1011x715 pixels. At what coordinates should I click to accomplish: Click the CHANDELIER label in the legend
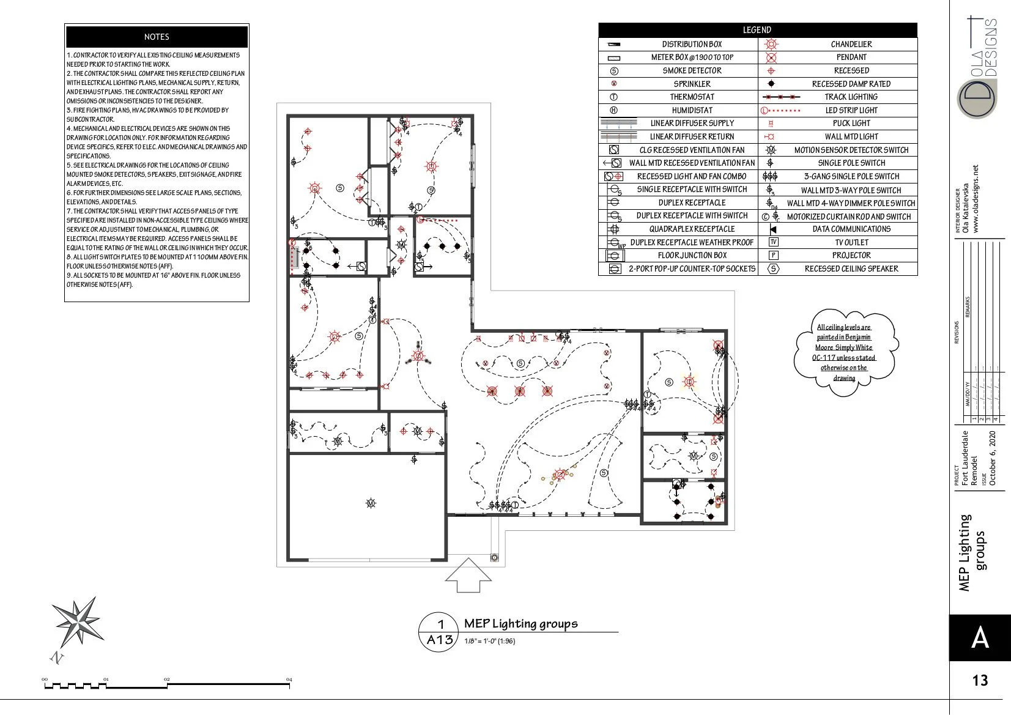[851, 44]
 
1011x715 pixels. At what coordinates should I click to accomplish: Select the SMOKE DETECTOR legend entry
[692, 70]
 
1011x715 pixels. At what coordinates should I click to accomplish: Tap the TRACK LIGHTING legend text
[851, 97]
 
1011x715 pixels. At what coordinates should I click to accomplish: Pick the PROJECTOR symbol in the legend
[773, 255]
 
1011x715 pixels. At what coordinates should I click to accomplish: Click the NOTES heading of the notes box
[157, 37]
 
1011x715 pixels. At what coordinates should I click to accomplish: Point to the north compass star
[78, 622]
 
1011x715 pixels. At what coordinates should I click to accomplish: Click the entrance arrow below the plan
[468, 575]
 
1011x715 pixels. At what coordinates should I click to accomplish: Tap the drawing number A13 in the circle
[439, 640]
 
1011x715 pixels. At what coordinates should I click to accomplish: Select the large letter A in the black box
[980, 638]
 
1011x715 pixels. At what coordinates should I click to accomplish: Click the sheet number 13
[980, 680]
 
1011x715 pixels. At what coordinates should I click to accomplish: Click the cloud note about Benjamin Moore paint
[844, 352]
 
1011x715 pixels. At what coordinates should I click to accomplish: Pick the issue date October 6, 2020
[993, 459]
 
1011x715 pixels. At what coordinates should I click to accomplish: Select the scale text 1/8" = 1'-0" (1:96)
[489, 641]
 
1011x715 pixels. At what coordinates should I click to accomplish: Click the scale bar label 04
[289, 680]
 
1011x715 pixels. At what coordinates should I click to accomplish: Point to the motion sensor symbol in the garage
[370, 503]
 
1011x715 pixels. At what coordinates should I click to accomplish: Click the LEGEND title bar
[757, 30]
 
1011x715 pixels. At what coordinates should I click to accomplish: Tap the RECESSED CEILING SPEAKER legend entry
[851, 269]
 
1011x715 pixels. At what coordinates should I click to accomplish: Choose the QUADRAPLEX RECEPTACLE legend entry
[692, 229]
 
